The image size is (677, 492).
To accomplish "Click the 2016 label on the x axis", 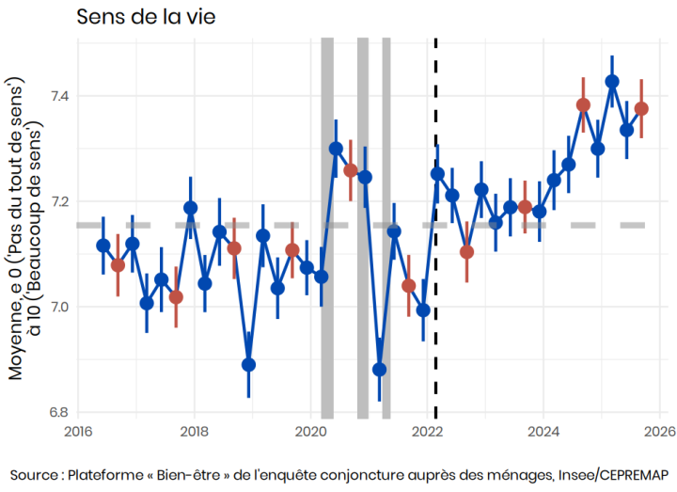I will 79,432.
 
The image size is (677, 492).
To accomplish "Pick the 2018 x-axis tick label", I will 195,432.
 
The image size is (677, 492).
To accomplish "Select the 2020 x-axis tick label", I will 311,432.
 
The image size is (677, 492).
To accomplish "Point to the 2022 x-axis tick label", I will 428,432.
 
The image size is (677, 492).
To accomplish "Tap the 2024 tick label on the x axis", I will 543,432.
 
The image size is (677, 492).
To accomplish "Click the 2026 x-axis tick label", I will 659,432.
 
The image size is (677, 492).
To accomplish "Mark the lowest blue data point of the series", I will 380,370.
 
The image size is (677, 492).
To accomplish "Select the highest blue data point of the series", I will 612,81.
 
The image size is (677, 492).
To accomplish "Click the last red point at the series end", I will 641,108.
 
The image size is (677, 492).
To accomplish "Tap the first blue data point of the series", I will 103,246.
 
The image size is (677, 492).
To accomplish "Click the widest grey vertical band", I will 327,226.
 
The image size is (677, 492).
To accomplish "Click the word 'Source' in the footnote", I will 37,473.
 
